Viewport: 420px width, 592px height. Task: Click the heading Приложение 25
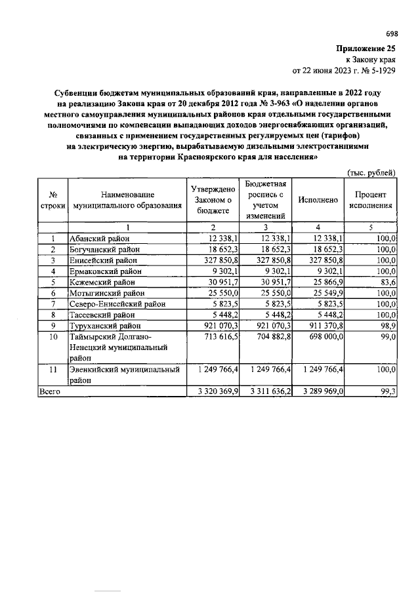366,49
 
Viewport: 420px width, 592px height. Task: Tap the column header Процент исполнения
371,200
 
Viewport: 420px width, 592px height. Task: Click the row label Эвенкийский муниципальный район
125,374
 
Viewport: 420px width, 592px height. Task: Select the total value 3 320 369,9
213,391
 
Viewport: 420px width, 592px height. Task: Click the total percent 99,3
387,391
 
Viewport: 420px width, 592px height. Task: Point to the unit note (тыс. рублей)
371,172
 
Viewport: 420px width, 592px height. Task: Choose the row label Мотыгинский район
104,292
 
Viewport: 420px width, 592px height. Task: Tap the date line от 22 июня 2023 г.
343,69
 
